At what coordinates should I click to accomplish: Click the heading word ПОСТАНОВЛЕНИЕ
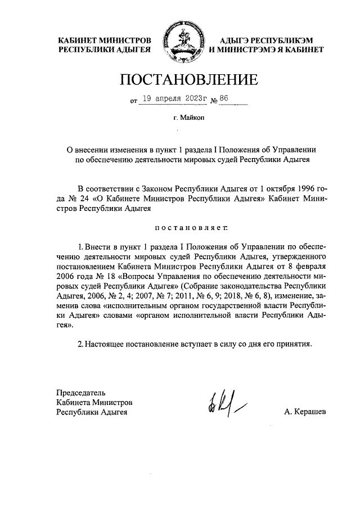180,80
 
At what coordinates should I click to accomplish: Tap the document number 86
224,99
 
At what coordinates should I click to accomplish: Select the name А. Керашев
305,412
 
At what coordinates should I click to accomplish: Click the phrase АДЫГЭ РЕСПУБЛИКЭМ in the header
265,40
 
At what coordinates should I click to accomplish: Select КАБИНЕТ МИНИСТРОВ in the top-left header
105,40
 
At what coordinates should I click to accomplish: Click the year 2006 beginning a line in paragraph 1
67,277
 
